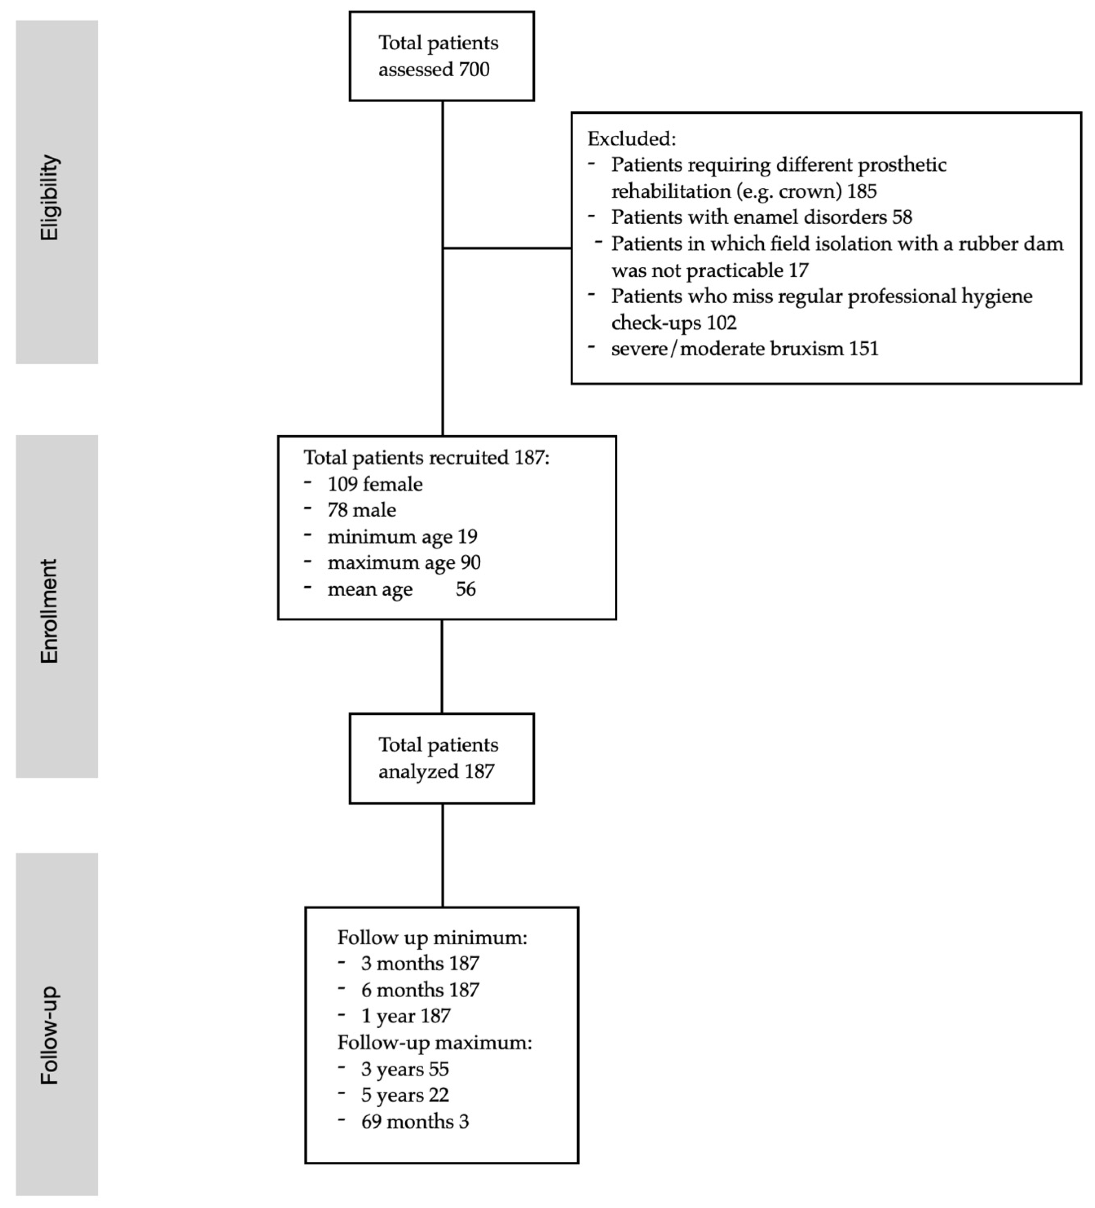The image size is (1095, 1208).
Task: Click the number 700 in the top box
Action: click(x=475, y=70)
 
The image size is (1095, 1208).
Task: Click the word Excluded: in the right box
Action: click(x=631, y=139)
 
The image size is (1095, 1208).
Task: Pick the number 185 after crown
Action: click(x=862, y=192)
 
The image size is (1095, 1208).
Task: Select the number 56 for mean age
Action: click(x=466, y=589)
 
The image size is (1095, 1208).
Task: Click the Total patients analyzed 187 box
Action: click(x=442, y=758)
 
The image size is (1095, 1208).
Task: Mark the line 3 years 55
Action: click(x=405, y=1069)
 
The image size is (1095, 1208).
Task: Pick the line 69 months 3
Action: click(x=415, y=1122)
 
